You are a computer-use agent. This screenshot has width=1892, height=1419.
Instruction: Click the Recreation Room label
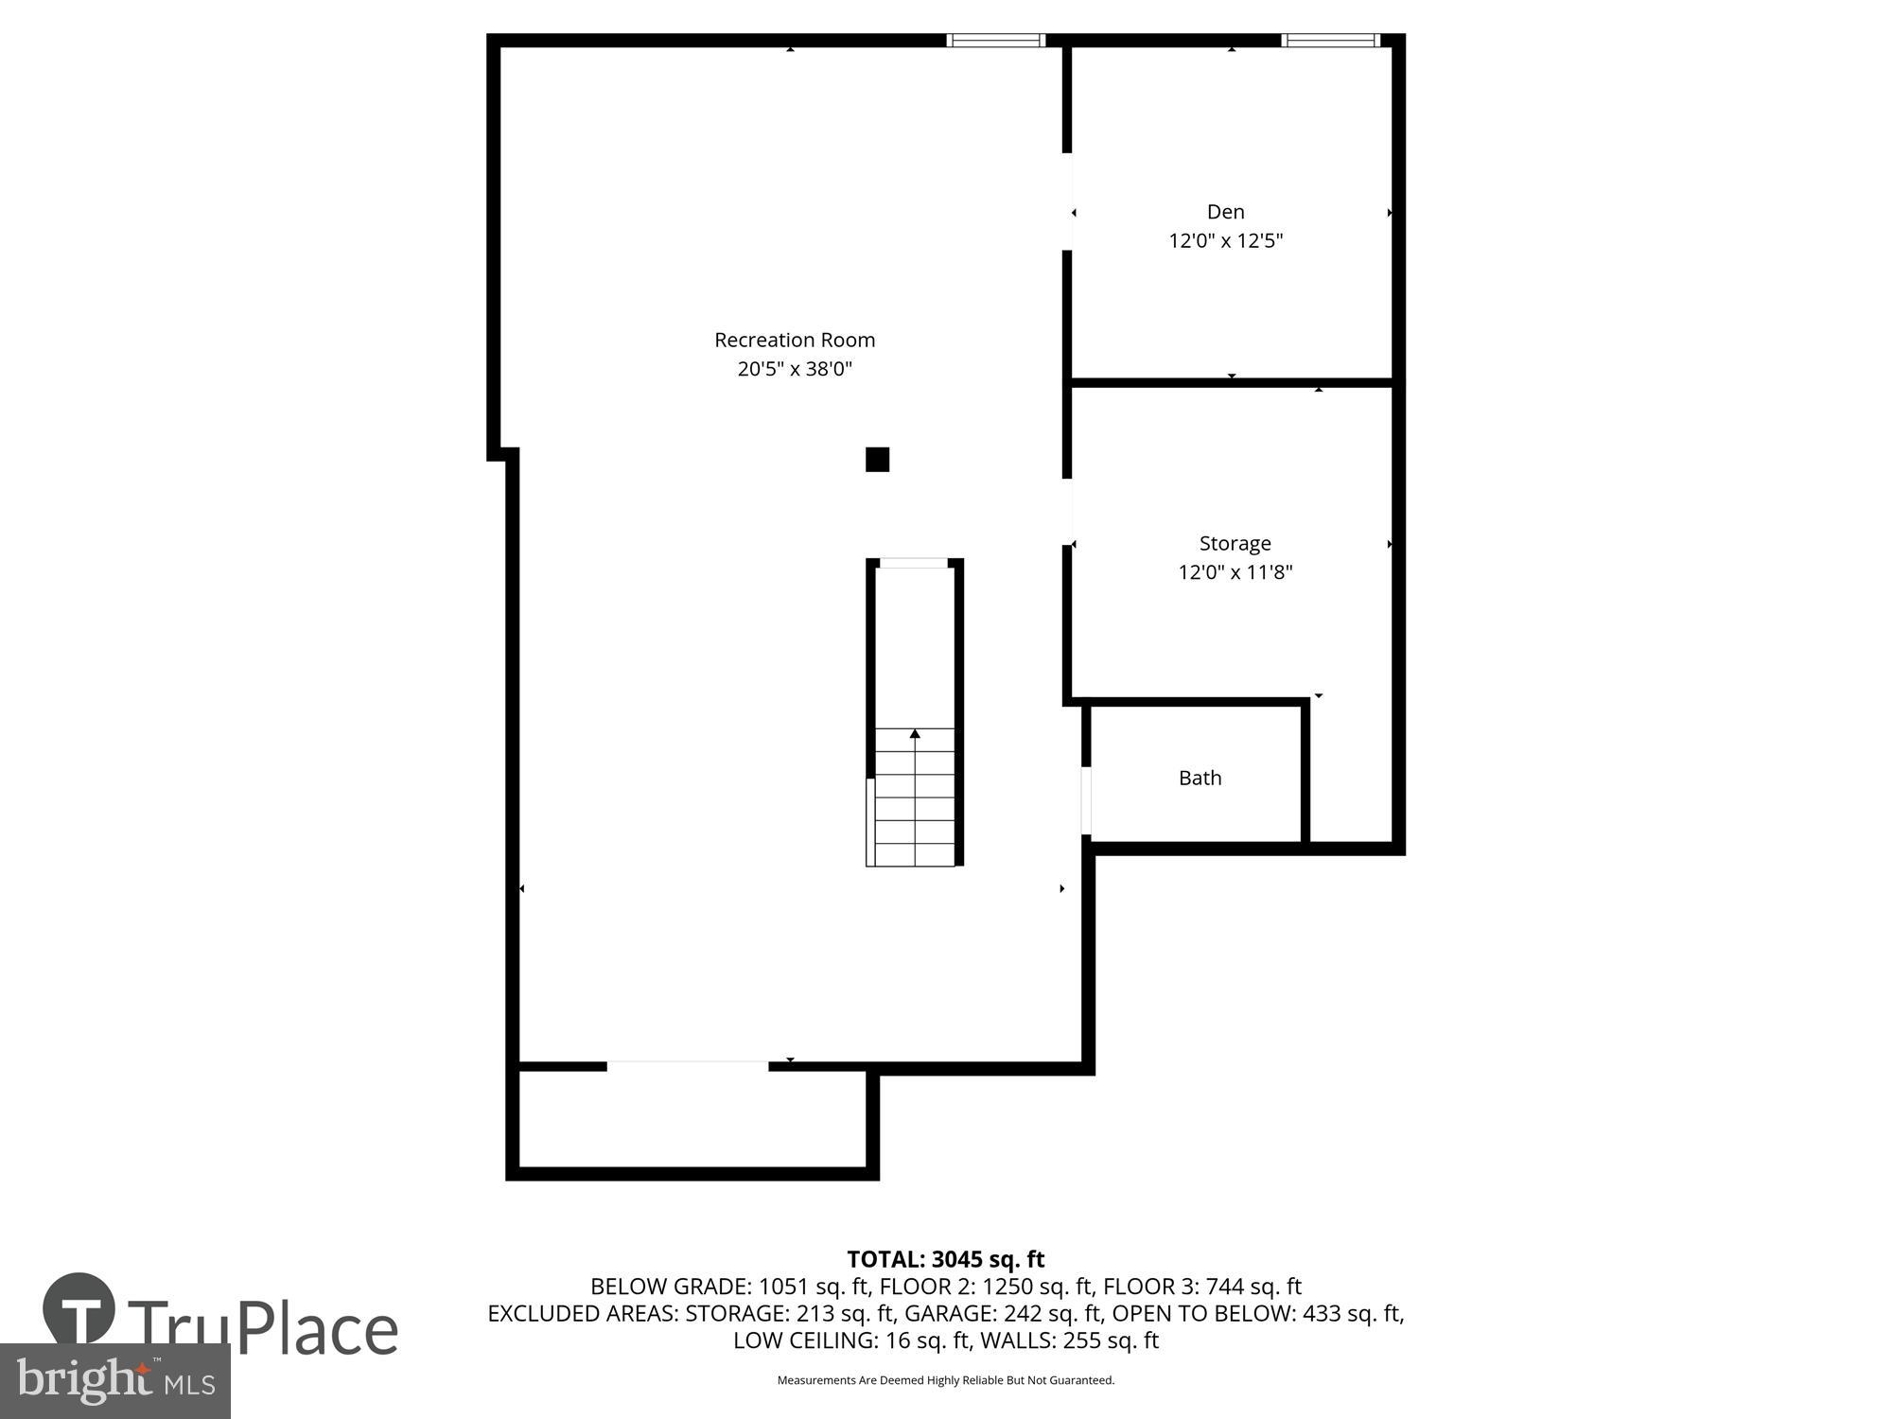coord(794,340)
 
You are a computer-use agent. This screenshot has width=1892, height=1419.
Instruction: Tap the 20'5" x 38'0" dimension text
coord(794,369)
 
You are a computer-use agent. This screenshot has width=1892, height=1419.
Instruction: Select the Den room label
coord(1225,212)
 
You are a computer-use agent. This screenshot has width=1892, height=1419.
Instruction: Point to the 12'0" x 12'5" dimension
coord(1225,240)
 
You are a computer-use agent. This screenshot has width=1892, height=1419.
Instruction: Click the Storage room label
coord(1235,543)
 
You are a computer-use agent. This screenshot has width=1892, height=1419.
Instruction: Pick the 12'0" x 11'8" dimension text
coord(1235,572)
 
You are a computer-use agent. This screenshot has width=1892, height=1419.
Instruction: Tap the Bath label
coord(1200,778)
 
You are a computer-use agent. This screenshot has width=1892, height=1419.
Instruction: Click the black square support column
coord(877,460)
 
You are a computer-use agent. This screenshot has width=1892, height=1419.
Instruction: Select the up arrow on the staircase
coord(915,734)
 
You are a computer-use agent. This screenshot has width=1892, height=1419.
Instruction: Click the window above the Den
coord(1330,40)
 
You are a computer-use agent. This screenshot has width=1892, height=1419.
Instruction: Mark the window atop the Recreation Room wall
coord(995,40)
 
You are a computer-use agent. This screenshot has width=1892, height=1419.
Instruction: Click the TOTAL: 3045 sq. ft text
coord(945,1259)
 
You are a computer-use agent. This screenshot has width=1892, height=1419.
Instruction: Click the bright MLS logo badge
coord(114,1381)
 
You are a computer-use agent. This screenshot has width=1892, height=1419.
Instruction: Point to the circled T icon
coord(79,1310)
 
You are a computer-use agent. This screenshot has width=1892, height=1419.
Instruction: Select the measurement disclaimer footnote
coord(945,1380)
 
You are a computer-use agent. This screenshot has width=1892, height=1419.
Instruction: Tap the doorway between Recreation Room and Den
coord(1067,201)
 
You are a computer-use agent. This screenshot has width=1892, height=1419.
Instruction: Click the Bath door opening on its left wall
coord(1086,800)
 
